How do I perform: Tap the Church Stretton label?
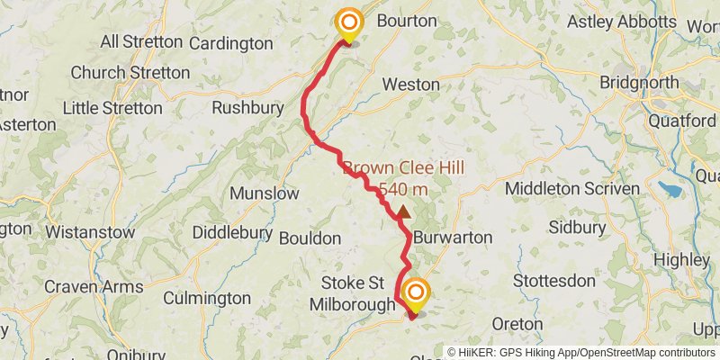click(117, 72)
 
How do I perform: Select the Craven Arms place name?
click(94, 285)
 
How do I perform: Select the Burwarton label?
click(453, 237)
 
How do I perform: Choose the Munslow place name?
click(265, 193)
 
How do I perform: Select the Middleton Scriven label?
click(572, 188)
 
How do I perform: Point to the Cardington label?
click(231, 42)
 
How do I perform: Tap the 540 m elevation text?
click(402, 190)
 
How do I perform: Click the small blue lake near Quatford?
click(670, 189)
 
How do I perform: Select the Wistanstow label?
click(90, 232)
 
